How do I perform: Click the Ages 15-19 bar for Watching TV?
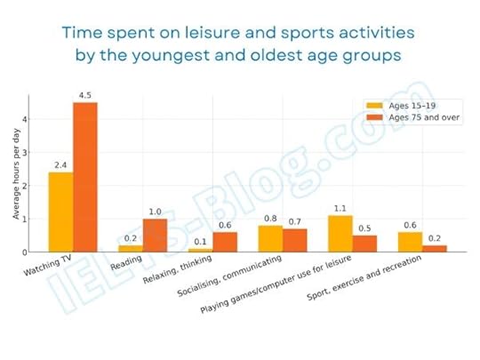[x=60, y=212]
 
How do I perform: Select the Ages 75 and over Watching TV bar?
[x=85, y=177]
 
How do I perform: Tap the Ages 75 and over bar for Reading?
[x=155, y=235]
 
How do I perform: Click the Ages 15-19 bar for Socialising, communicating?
[x=269, y=238]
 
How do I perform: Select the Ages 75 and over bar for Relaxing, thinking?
[x=225, y=241]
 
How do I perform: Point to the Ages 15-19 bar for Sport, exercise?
[x=410, y=242]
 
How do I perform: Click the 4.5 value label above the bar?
[x=85, y=95]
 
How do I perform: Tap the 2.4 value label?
[x=60, y=164]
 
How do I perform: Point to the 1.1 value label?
[x=340, y=208]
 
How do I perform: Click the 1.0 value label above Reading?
[x=155, y=212]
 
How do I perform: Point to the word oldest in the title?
[x=295, y=55]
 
